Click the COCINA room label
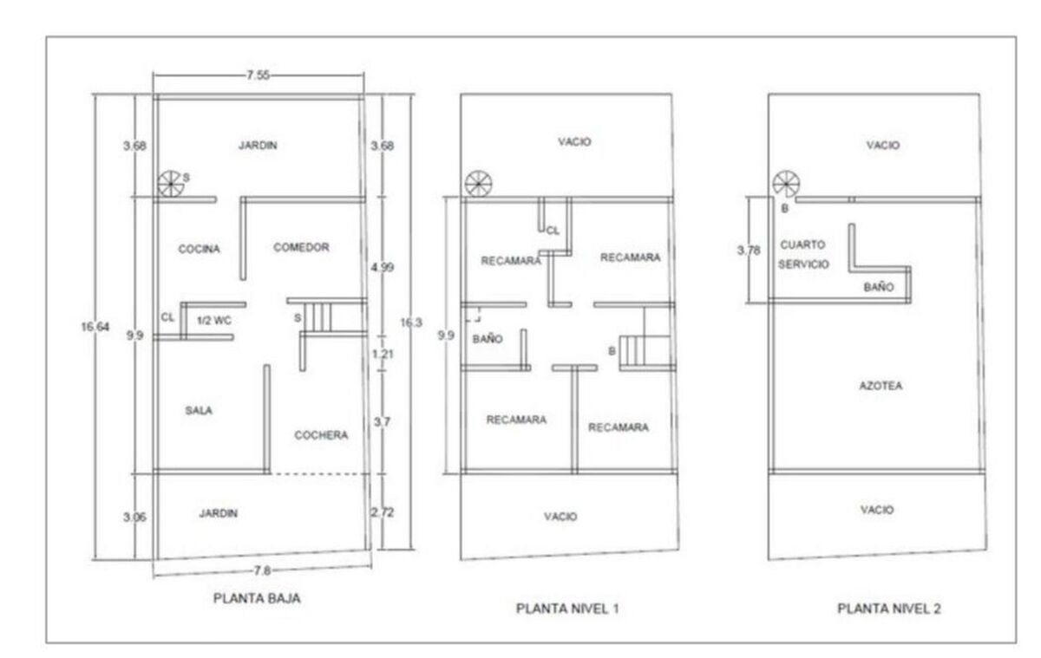click(199, 249)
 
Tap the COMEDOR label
click(301, 247)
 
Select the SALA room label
click(199, 410)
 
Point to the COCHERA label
click(321, 434)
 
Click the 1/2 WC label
click(213, 320)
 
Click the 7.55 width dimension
click(258, 75)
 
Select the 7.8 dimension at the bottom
click(262, 570)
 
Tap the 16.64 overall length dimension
click(95, 327)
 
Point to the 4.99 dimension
click(382, 267)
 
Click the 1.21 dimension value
click(383, 354)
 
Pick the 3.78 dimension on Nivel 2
click(749, 251)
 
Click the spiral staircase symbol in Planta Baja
click(171, 184)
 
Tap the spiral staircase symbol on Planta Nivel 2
click(786, 184)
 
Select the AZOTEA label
click(881, 386)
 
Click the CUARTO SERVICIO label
click(803, 254)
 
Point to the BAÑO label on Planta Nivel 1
click(488, 338)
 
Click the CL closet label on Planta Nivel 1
click(553, 231)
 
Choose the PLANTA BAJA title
click(257, 598)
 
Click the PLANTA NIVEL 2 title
click(889, 609)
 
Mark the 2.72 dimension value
click(382, 512)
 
